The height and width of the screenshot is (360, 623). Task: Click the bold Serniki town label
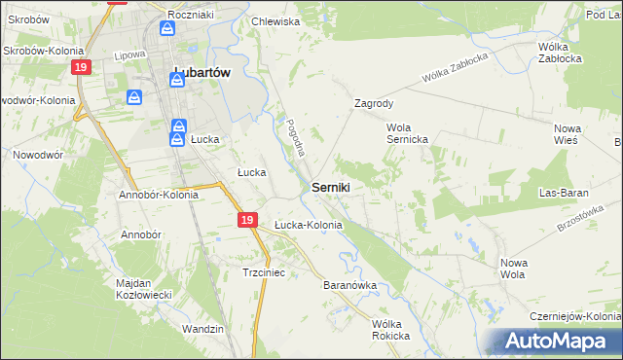tap(331, 187)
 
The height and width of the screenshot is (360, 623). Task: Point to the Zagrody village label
tap(374, 102)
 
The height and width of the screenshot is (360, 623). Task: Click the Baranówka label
tap(349, 286)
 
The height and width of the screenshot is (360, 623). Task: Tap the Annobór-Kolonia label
tap(159, 195)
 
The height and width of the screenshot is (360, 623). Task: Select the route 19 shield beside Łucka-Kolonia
tap(247, 222)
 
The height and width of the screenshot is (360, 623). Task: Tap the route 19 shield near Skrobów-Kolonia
tap(81, 66)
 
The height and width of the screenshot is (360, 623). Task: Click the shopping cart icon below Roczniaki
tap(168, 28)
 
